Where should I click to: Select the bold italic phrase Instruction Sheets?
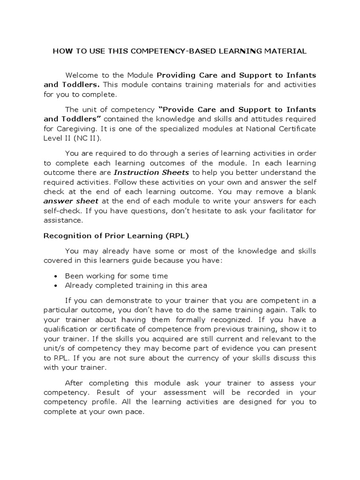[152, 172]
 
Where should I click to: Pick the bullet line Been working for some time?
[116, 276]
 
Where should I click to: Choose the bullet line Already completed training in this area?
[136, 285]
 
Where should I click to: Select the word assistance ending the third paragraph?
[63, 220]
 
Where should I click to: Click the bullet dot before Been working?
[56, 276]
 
